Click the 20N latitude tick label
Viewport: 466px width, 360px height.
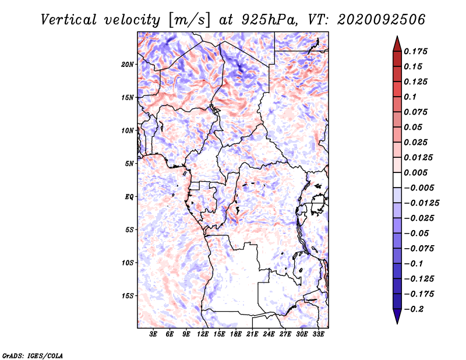pos(128,64)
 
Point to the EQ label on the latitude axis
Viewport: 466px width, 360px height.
pos(129,197)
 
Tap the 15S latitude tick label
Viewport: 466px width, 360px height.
pos(128,296)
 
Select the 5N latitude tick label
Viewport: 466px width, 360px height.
pos(129,164)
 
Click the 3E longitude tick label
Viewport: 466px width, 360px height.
pos(154,334)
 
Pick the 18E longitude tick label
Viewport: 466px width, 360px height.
pos(236,334)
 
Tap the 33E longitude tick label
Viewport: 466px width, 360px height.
pos(318,334)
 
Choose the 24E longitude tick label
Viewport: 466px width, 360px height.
pos(269,334)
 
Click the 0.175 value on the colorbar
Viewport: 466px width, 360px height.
pos(416,51)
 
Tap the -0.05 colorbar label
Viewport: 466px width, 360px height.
pos(418,233)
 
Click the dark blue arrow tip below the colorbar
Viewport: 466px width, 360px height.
pos(397,320)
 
